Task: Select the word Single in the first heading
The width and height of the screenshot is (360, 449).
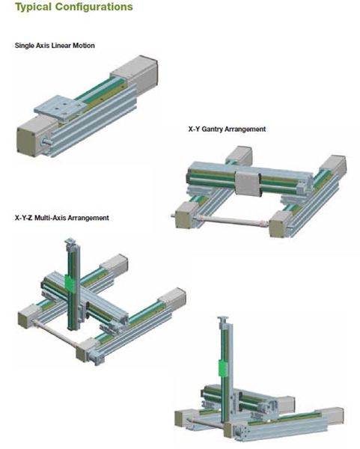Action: click(25, 46)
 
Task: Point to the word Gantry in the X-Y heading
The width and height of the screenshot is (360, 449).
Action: click(213, 129)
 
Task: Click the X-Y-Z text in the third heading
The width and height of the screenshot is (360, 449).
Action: click(23, 218)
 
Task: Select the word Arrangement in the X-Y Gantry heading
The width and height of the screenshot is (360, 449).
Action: click(245, 129)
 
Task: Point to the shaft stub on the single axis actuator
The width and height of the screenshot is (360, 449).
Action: click(46, 141)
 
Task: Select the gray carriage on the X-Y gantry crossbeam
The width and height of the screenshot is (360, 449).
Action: click(248, 183)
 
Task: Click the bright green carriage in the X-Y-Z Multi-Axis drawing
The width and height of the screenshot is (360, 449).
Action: click(70, 284)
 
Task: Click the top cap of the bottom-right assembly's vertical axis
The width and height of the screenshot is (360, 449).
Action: click(223, 319)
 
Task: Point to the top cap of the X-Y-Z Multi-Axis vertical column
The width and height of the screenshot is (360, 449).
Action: click(70, 241)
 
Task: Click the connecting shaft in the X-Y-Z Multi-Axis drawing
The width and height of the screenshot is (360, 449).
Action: click(55, 335)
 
